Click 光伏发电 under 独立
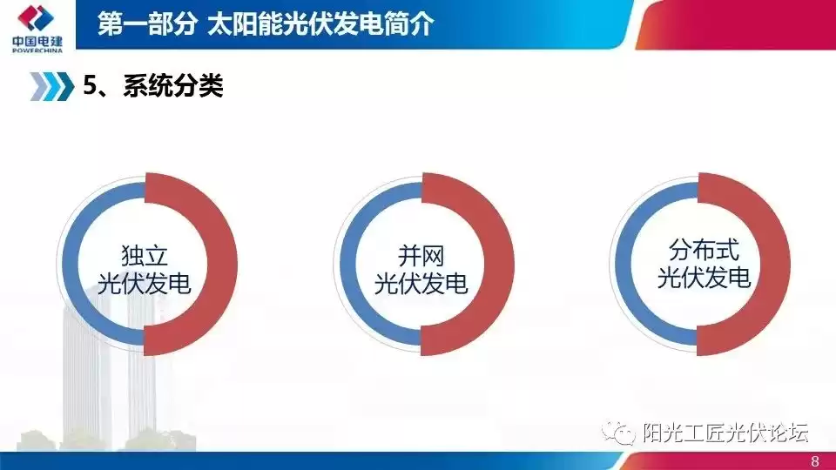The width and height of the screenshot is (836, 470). pyautogui.click(x=144, y=284)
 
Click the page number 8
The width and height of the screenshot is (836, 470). pyautogui.click(x=815, y=460)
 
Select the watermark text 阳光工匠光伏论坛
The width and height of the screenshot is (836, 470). pyautogui.click(x=725, y=433)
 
